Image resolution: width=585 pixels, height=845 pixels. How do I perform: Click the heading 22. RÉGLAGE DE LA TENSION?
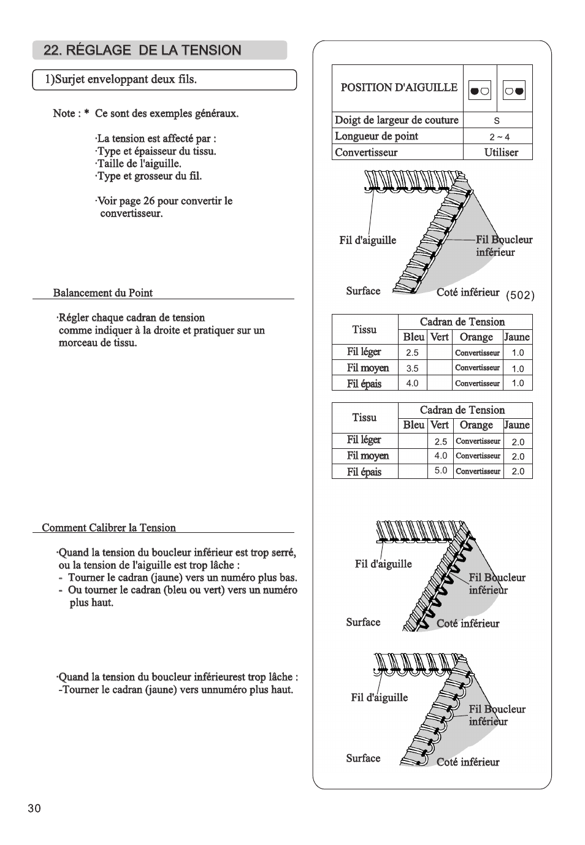pos(142,50)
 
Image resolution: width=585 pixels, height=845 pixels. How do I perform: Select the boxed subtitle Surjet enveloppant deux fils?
pos(121,80)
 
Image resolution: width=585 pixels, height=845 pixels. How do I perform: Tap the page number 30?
pos(34,808)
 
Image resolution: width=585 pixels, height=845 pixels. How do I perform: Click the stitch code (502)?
pos(520,296)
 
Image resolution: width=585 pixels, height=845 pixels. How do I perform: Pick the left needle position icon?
pos(480,91)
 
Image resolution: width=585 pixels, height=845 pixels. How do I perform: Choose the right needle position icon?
pos(514,91)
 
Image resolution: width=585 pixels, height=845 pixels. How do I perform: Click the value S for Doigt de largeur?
pos(497,121)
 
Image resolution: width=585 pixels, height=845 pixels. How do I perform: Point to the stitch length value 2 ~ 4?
pos(499,137)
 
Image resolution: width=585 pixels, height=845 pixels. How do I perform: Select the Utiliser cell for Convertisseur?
pos(501,153)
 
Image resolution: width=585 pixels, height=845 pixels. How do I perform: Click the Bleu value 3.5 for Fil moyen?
pos(412,369)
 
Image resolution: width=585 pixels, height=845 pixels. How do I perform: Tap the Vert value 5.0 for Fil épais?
pos(441,471)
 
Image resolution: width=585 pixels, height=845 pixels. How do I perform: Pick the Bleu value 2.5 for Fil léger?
pos(412,353)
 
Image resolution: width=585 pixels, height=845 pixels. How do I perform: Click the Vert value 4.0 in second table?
pos(441,456)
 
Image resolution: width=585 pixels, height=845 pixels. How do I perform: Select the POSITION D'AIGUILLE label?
pos(399,88)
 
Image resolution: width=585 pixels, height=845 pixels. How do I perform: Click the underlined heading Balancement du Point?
pos(103,293)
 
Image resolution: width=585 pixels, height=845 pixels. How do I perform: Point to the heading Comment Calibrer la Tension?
pos(109,528)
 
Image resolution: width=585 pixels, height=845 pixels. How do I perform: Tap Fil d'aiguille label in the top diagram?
pos(367,240)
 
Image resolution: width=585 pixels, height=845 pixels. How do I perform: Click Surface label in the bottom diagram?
pos(363,759)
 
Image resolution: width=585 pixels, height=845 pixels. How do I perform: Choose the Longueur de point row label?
pos(377,136)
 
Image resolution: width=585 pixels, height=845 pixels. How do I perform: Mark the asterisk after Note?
pos(87,113)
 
